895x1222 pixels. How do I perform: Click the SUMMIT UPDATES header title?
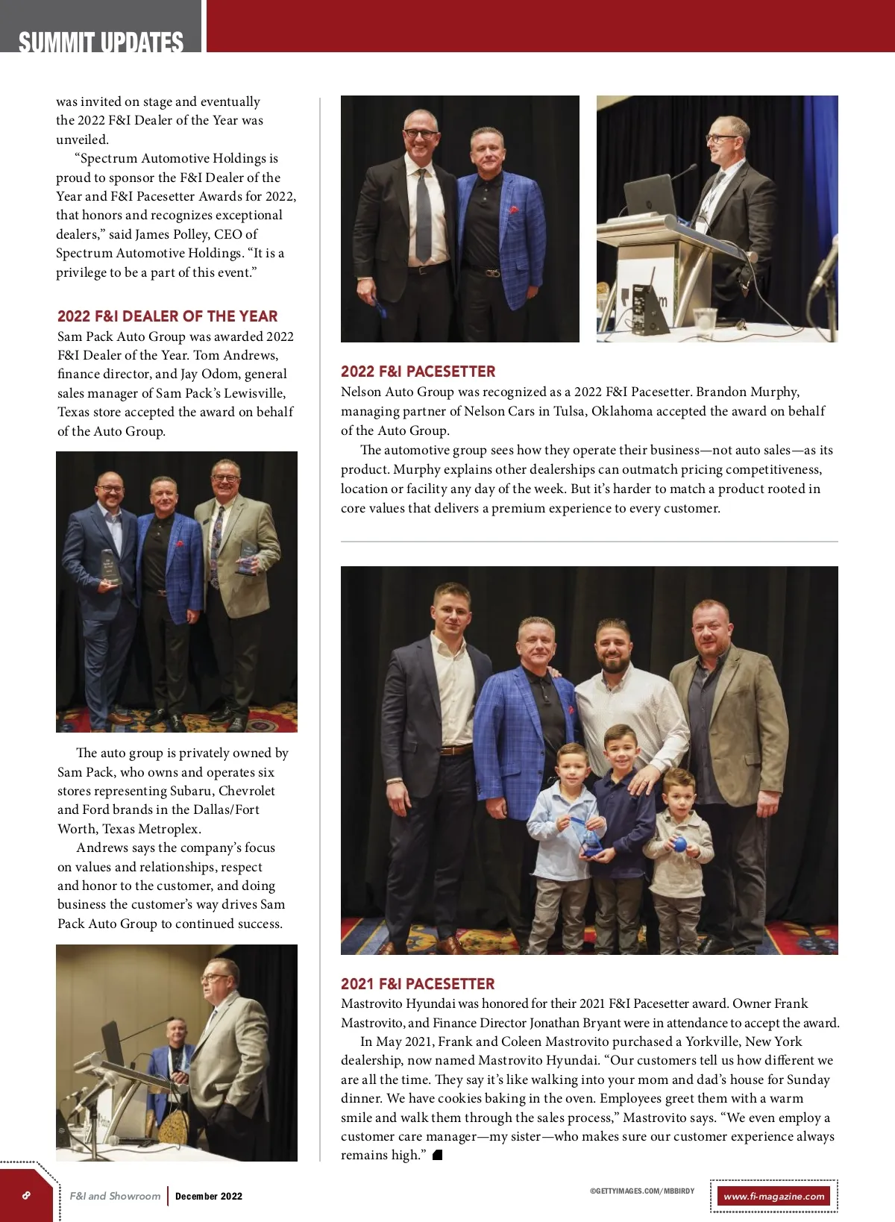click(101, 42)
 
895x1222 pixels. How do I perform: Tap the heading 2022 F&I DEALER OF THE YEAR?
click(167, 316)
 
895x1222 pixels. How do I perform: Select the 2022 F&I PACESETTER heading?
click(418, 372)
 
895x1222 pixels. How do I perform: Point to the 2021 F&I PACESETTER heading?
click(418, 984)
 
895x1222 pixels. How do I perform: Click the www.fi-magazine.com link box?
click(773, 1196)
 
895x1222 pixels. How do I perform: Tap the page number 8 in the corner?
click(26, 1195)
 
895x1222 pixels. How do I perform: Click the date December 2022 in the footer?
click(209, 1196)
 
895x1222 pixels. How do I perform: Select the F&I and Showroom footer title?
click(115, 1196)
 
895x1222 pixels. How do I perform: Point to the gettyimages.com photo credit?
click(641, 1191)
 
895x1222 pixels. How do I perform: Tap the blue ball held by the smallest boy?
click(679, 845)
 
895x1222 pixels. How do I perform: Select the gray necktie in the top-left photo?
click(424, 216)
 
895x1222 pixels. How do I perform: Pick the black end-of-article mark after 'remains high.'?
click(438, 1156)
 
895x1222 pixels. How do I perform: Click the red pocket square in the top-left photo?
click(514, 210)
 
